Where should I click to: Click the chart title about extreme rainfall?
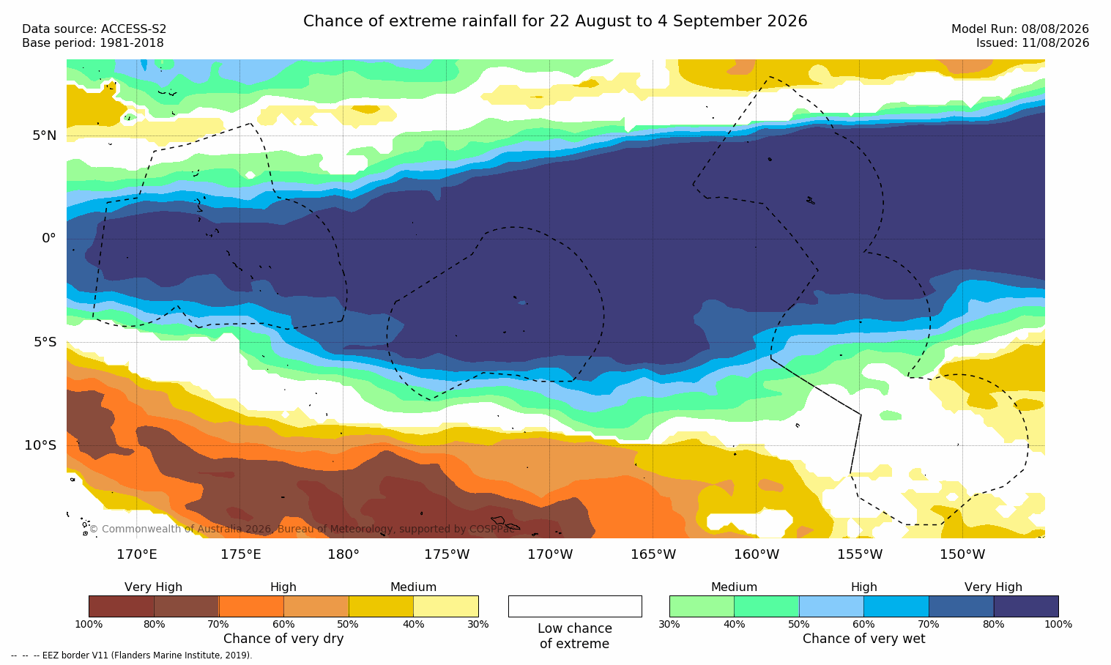tap(555, 21)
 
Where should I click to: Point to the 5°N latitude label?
tap(45, 135)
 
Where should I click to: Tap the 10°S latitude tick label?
tap(41, 445)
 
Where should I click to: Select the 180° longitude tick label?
tap(343, 554)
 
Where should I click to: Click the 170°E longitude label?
tap(137, 554)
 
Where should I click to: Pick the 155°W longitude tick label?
tap(860, 554)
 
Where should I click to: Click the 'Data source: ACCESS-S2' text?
tap(94, 29)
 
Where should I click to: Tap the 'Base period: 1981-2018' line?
tap(93, 43)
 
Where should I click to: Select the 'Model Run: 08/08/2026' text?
tap(1019, 29)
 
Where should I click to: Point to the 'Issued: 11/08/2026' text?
tap(1033, 43)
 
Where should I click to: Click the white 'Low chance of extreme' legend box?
tap(575, 606)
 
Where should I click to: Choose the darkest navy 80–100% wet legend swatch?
tap(1026, 606)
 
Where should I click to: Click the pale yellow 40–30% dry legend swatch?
tap(446, 606)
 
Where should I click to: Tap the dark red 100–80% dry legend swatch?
tap(122, 606)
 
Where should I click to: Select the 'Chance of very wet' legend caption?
tap(863, 639)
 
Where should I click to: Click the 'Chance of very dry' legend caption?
tap(283, 639)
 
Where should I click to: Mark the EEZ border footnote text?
tap(131, 655)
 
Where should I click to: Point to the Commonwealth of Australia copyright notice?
tap(302, 529)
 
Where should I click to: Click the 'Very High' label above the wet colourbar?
tap(993, 587)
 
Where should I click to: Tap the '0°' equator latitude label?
tap(48, 239)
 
